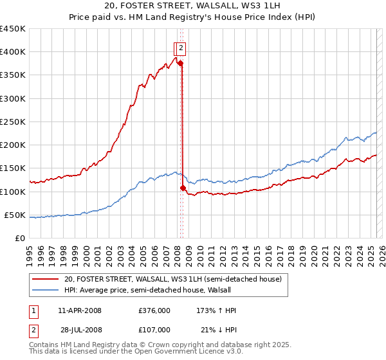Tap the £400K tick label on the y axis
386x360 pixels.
tap(13, 52)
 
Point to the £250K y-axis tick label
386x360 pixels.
tap(13, 122)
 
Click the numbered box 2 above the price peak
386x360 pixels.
tap(181, 47)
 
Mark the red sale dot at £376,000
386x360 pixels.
tap(181, 63)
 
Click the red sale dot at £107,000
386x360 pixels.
tap(183, 188)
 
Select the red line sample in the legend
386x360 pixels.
tap(46, 280)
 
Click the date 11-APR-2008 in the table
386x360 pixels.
tap(79, 310)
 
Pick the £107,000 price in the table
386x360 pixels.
tap(154, 330)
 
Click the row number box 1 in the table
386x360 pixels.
tap(33, 310)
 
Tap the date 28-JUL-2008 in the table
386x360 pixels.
tap(81, 330)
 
